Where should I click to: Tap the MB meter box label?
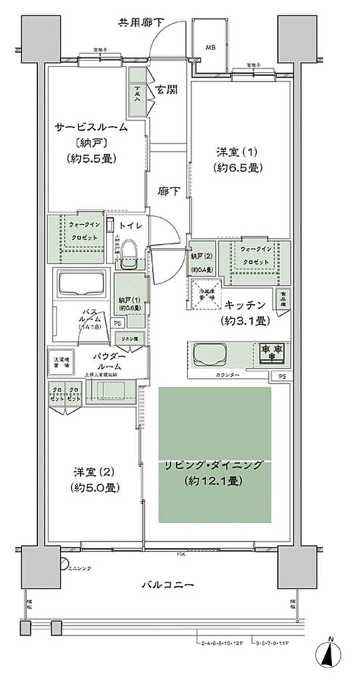(210, 47)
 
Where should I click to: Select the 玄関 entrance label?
(166, 89)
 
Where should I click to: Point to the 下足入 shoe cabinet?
(136, 91)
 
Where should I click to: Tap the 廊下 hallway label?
(167, 191)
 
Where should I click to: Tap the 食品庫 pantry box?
(283, 295)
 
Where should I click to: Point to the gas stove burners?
(271, 352)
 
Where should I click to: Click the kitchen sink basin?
(211, 353)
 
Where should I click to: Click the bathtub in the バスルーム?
(81, 285)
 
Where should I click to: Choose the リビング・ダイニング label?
(215, 466)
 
